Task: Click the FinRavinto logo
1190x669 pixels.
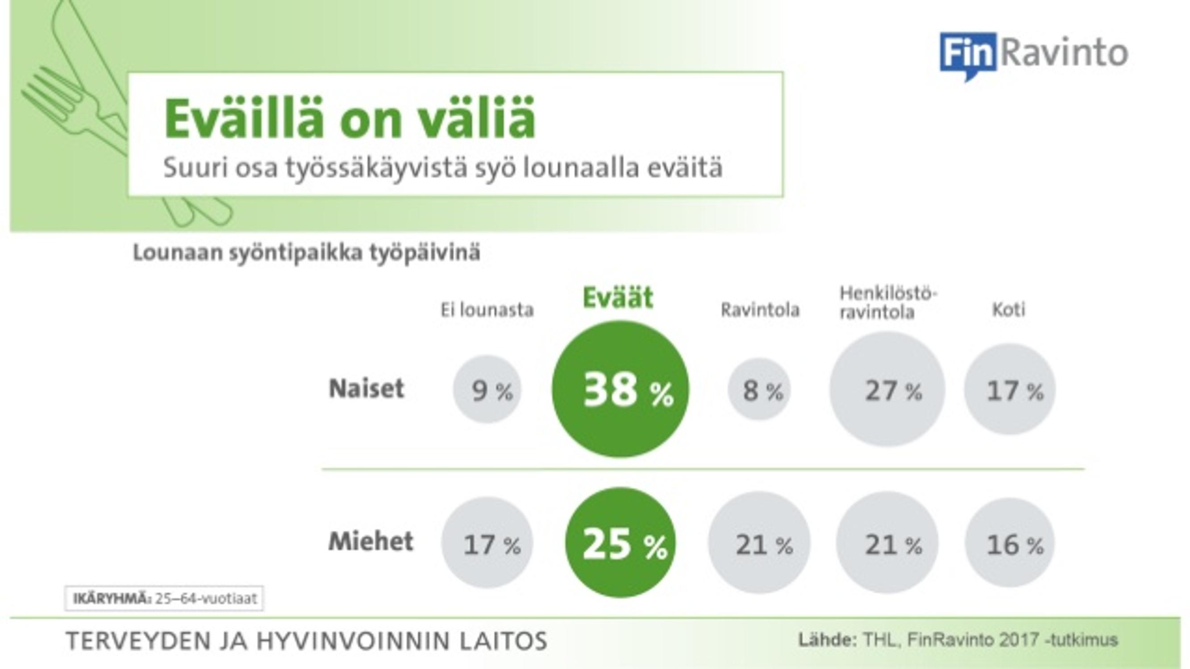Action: tap(1034, 55)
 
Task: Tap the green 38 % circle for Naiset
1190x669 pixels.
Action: tap(620, 389)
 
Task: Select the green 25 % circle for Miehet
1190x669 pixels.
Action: tap(620, 542)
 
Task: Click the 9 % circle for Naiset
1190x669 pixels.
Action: tap(487, 389)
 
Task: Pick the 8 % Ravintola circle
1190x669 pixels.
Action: tap(759, 389)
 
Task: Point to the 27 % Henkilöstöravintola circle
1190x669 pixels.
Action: tap(887, 389)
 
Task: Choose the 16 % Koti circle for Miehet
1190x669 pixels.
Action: tap(1010, 543)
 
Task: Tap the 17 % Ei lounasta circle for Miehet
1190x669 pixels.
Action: tap(487, 542)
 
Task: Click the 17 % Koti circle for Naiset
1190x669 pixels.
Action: tap(1010, 389)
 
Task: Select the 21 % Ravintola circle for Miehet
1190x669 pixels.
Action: tap(759, 542)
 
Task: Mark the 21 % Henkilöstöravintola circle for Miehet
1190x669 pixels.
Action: tap(887, 542)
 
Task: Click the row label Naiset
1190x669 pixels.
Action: tap(366, 388)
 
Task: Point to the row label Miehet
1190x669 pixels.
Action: tap(370, 541)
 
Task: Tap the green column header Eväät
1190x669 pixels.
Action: tap(618, 297)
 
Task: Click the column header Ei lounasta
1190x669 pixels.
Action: tap(487, 310)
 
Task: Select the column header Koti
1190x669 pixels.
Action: tap(1009, 310)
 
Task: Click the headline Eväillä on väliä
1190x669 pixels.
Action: tap(350, 118)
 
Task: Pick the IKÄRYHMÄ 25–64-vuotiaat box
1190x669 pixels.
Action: tap(164, 599)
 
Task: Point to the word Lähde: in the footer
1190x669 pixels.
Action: tap(827, 640)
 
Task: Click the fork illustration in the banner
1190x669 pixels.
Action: tap(74, 111)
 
